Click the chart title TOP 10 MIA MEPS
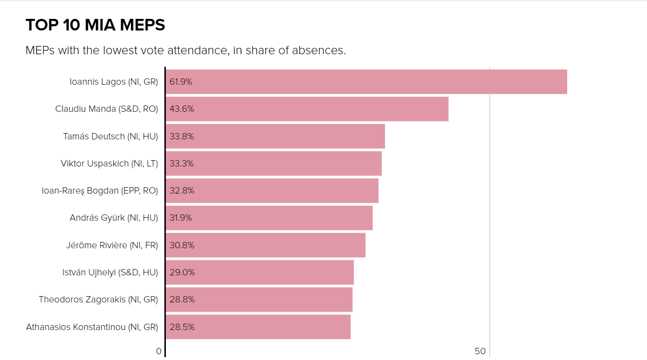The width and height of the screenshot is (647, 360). (95, 25)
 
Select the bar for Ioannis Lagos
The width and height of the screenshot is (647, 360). (366, 82)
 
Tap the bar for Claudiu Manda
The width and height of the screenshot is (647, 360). (307, 109)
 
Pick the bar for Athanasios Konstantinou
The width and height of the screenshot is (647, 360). (258, 327)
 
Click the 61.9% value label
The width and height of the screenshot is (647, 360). (181, 82)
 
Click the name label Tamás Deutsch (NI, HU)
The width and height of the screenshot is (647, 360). (110, 136)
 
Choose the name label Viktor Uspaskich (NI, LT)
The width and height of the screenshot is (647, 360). (109, 164)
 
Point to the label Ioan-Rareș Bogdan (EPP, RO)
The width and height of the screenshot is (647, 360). (100, 191)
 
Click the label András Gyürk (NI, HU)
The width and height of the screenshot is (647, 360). (114, 218)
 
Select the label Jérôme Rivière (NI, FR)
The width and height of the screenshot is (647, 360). (112, 245)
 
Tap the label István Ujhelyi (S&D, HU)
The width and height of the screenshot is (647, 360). (110, 272)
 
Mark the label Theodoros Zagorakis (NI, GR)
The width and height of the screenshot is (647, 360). (98, 300)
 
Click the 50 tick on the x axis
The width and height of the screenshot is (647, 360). (480, 351)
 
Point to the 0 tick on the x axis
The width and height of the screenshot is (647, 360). (159, 351)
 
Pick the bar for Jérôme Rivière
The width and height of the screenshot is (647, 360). (265, 245)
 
